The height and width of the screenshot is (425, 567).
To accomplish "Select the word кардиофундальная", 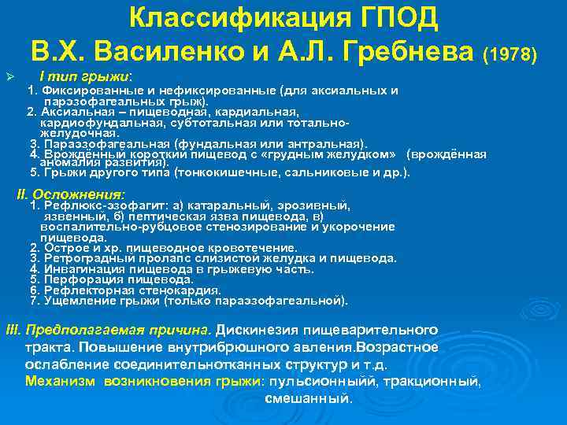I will click(x=90, y=123).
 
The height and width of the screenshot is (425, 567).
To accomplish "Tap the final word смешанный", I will click(x=309, y=398).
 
